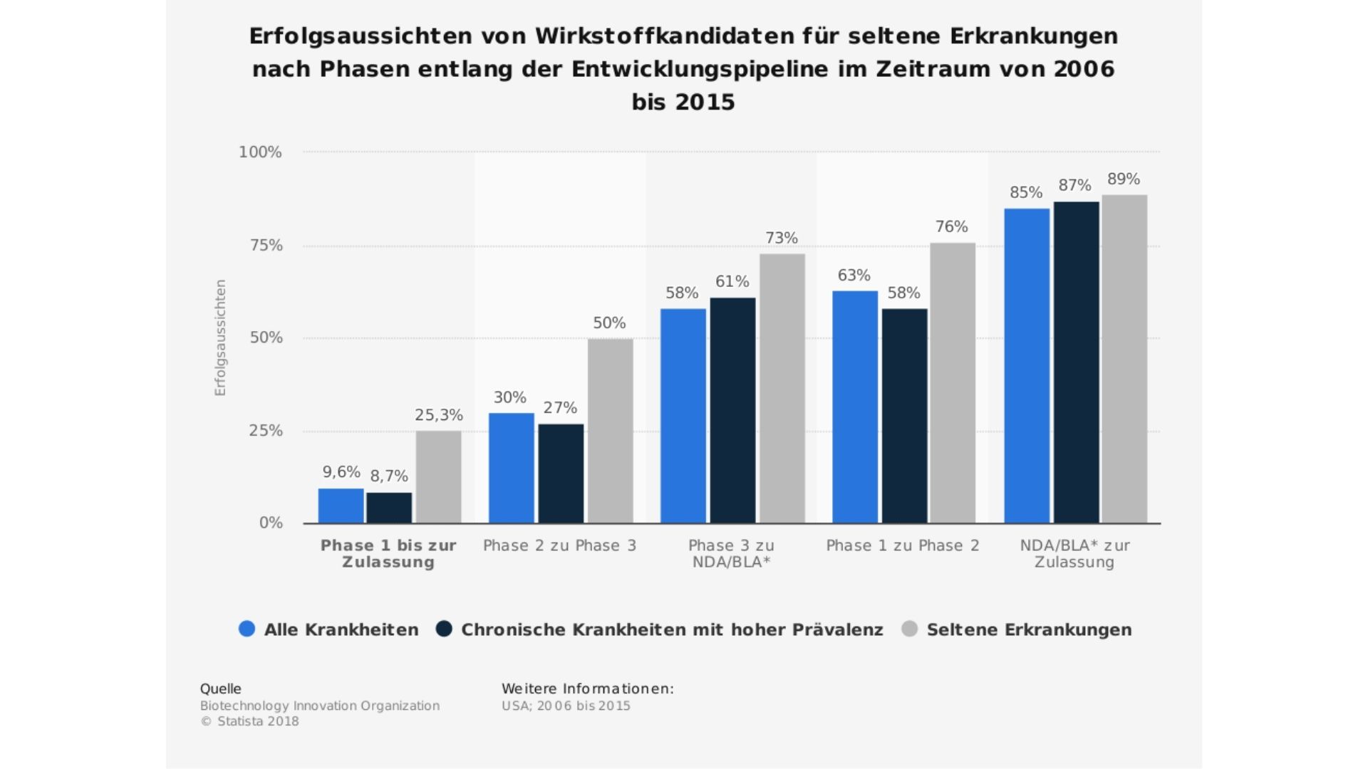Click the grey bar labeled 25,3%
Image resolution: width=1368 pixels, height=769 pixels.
coord(438,477)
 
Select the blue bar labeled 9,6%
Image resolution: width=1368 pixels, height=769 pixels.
coord(341,506)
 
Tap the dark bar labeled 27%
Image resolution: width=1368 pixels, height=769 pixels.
coord(561,474)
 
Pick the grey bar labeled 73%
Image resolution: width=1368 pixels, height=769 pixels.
coord(782,388)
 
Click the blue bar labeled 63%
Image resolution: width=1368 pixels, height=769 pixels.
coord(854,407)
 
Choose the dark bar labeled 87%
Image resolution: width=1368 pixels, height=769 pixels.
coord(1076,362)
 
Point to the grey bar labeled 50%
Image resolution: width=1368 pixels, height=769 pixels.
coord(610,431)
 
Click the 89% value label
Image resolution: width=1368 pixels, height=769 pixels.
coord(1124,179)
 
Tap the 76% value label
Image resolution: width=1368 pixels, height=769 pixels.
coord(951,227)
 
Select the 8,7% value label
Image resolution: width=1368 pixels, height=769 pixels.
coord(389,476)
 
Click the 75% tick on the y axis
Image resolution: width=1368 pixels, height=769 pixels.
coord(266,246)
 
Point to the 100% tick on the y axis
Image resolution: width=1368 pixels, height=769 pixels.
coord(260,152)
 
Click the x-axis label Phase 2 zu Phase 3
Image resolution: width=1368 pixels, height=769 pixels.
coord(559,546)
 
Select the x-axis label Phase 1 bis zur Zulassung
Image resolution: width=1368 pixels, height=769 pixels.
coord(388,554)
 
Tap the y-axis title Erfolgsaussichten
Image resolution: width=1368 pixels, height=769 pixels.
coord(220,338)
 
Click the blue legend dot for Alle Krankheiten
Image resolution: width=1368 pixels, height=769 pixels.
coord(247,629)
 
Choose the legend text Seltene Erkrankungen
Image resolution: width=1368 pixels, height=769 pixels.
coord(1029,630)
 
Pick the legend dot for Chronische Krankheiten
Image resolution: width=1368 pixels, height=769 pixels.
coord(445,629)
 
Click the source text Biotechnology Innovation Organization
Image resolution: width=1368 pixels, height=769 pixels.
coord(319,706)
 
